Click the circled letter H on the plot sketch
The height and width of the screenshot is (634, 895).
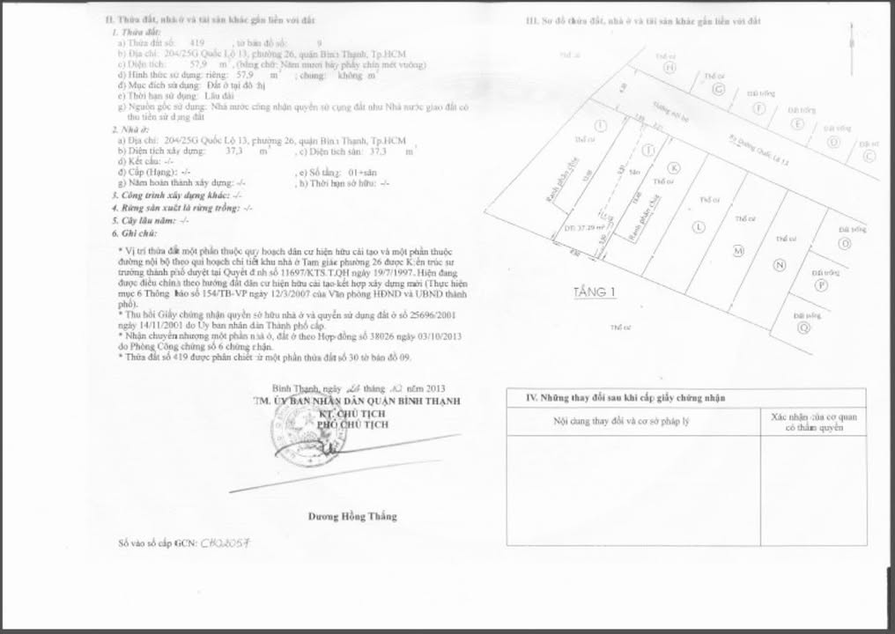[669, 67]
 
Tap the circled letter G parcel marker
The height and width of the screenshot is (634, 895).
[718, 90]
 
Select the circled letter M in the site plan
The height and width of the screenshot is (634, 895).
[738, 252]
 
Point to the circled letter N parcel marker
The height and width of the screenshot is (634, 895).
[779, 265]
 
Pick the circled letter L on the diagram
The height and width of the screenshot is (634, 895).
[699, 227]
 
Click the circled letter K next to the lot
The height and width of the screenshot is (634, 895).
[674, 168]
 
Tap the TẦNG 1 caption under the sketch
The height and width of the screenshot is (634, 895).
[595, 292]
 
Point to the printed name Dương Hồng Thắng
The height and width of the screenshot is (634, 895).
[352, 516]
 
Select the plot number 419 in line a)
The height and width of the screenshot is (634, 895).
[197, 42]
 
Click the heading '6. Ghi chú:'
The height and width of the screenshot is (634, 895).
[134, 233]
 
